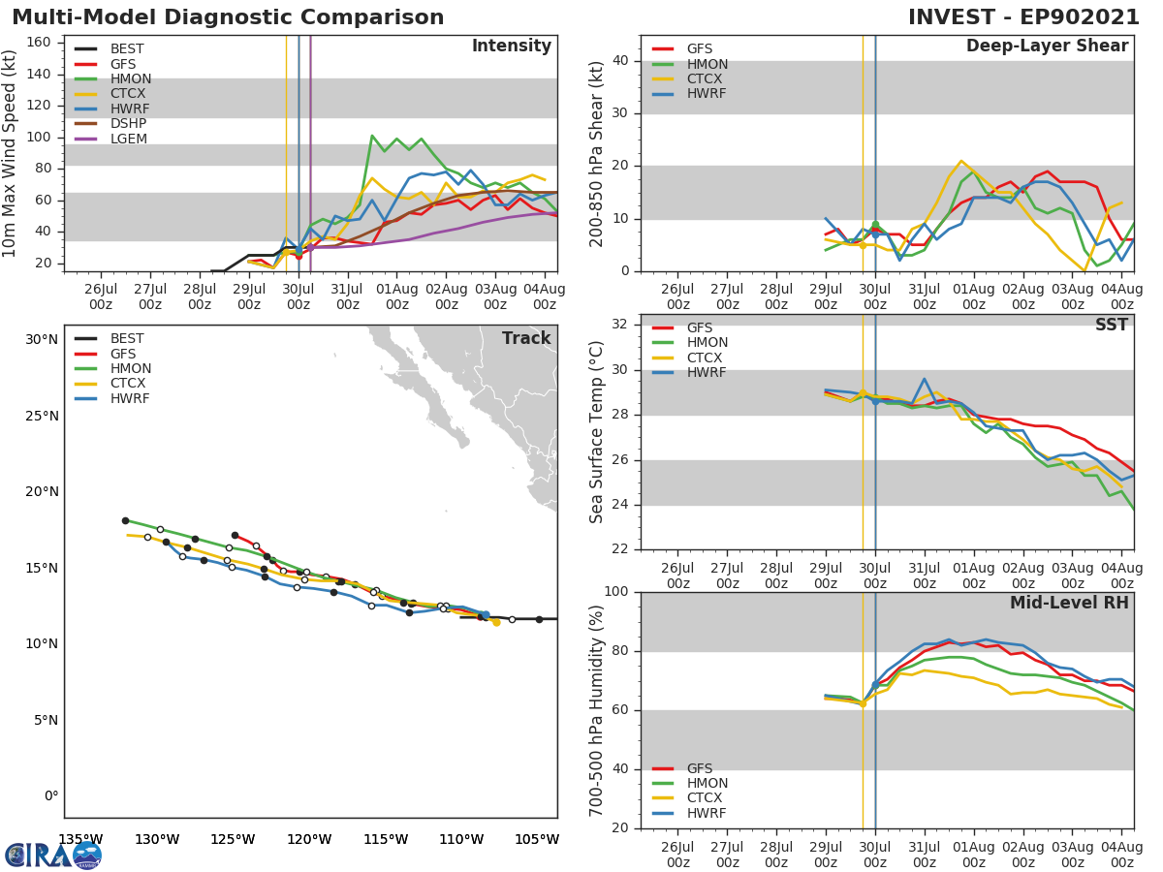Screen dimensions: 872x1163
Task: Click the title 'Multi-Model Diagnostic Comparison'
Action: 228,17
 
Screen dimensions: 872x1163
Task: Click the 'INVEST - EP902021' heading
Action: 1023,17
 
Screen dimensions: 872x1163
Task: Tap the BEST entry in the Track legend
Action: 127,339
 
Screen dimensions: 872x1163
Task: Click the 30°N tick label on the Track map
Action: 42,339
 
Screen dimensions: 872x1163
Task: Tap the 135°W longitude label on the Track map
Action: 80,839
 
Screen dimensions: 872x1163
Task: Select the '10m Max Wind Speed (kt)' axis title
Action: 10,154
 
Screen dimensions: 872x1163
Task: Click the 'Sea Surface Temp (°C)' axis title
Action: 597,432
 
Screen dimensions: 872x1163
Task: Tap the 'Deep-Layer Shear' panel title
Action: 1047,47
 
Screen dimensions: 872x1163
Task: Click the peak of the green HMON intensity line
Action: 372,136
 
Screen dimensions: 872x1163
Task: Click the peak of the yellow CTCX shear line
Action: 960,161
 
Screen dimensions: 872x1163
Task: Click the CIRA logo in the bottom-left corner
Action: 53,855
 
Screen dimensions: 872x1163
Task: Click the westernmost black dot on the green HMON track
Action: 125,520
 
